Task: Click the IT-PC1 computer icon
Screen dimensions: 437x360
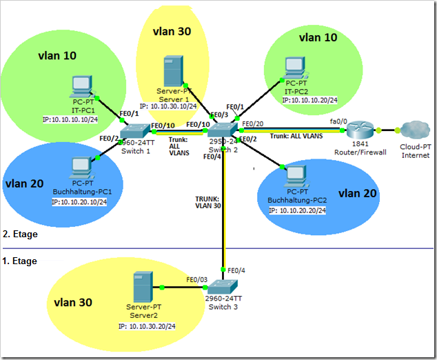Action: tap(82, 86)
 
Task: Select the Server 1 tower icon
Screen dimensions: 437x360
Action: tap(174, 71)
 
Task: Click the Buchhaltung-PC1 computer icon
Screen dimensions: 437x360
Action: tap(82, 168)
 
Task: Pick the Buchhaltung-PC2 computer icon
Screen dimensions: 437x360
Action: tap(296, 177)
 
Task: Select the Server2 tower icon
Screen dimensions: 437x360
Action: tap(143, 287)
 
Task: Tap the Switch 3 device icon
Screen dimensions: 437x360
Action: tap(223, 287)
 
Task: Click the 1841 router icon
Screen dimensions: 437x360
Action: tap(360, 130)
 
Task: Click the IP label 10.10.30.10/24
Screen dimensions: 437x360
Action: tap(168, 106)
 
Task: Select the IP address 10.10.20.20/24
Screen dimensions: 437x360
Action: tap(297, 210)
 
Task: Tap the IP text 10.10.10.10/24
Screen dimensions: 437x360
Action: tap(70, 119)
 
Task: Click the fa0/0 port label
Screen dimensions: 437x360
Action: tap(338, 121)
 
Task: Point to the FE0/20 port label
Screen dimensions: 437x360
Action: tap(253, 124)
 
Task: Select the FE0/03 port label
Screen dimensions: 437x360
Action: tap(197, 280)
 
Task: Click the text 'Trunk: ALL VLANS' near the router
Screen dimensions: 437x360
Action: tap(296, 136)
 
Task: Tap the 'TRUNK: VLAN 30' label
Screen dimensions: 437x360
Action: tap(208, 203)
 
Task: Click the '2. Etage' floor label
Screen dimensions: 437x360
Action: tap(20, 234)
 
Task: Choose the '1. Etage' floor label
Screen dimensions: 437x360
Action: tap(20, 261)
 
